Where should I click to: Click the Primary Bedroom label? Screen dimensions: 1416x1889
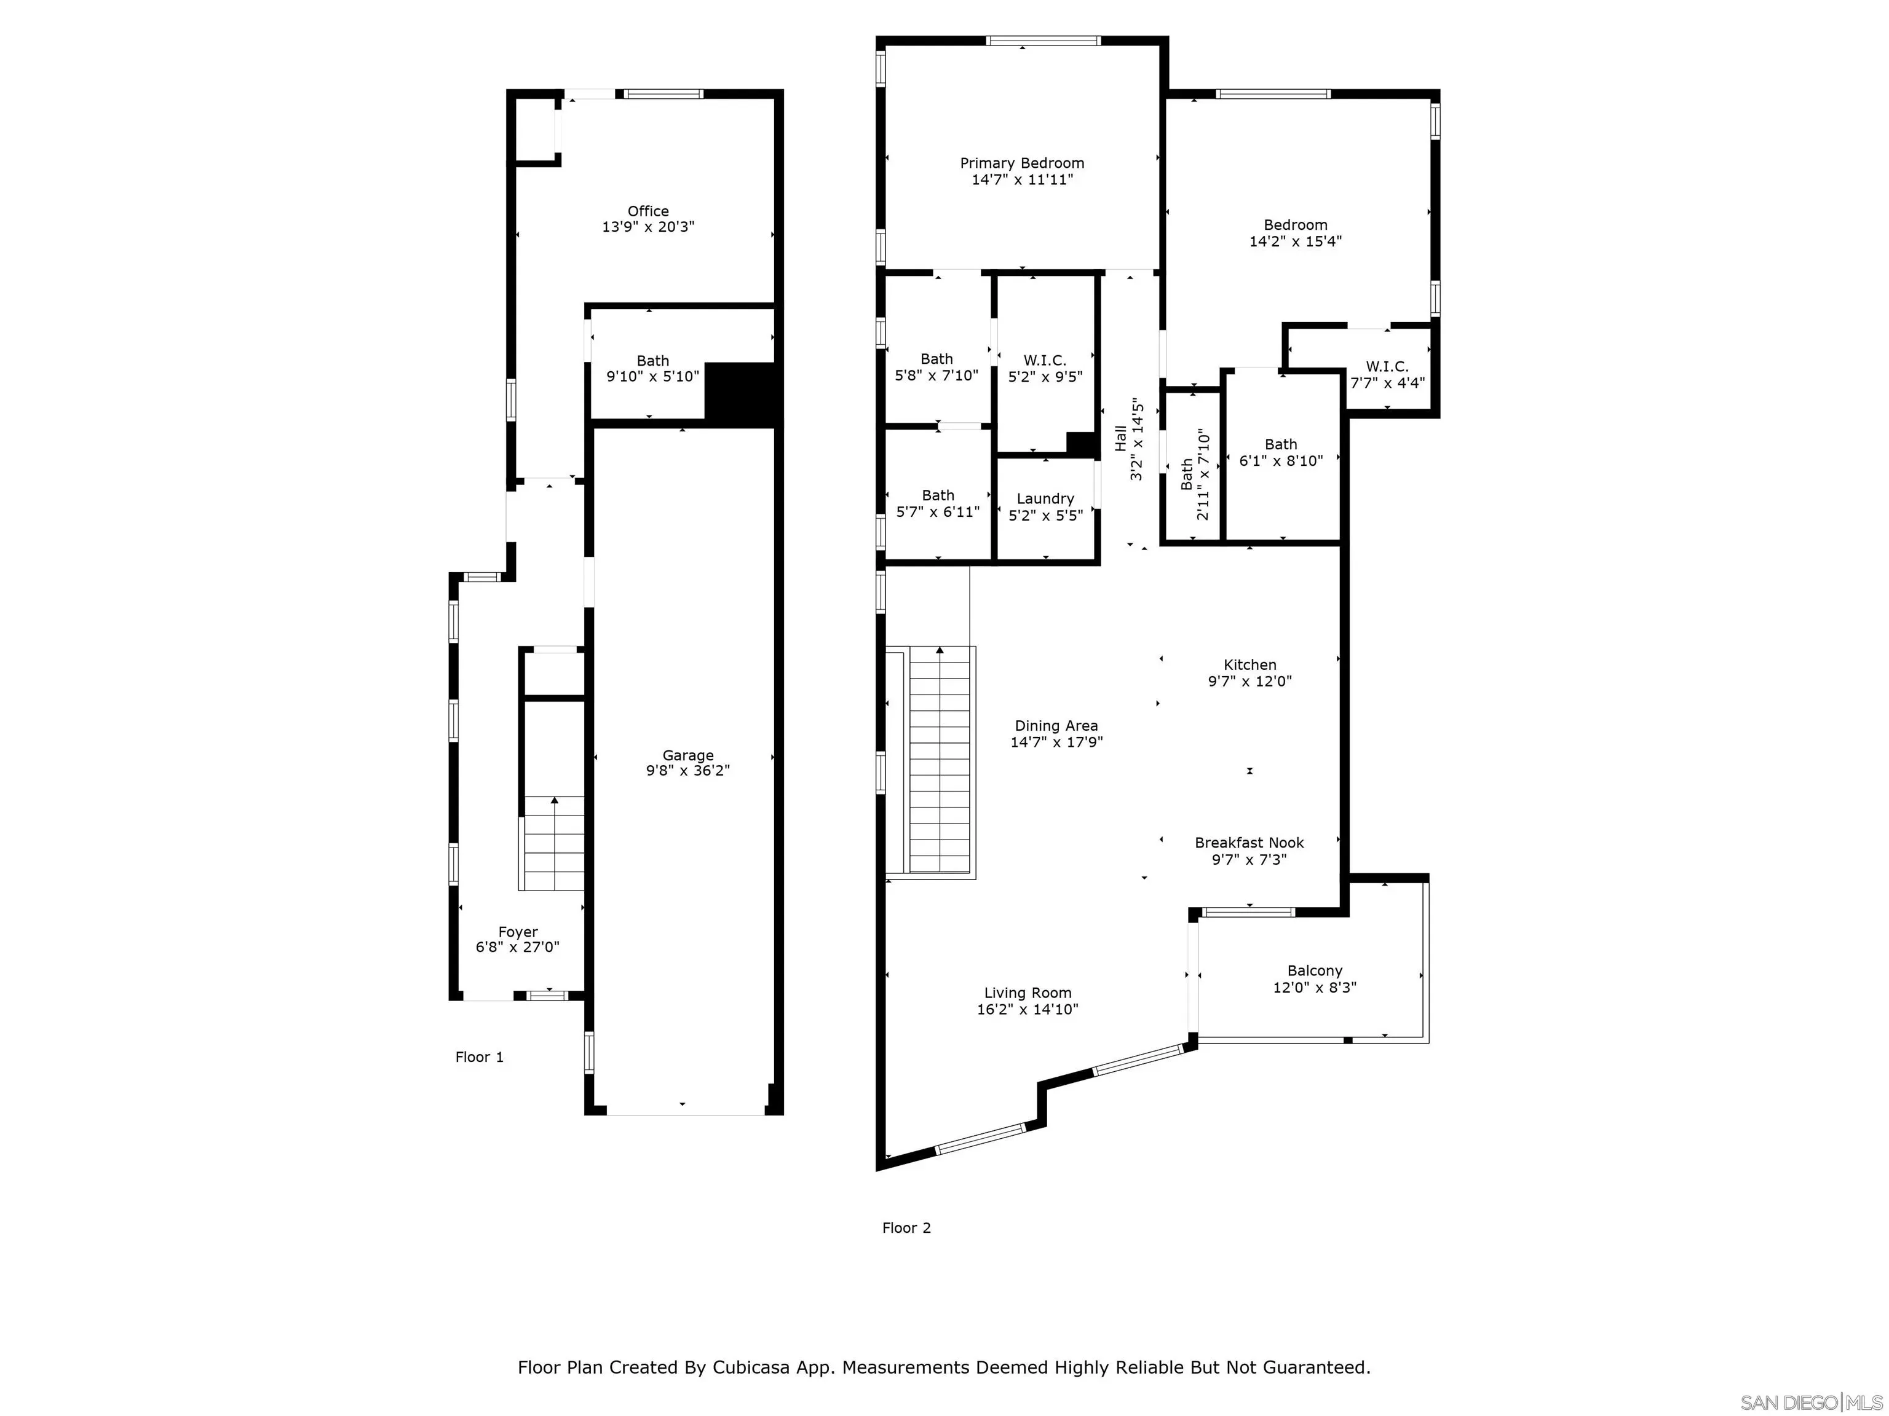coord(1021,163)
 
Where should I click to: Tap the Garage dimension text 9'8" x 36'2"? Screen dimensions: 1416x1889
coord(687,771)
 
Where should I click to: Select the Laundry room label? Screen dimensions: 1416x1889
coord(1045,498)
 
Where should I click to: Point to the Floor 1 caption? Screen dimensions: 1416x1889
coord(479,1056)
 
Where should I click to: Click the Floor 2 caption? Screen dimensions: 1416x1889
coord(906,1227)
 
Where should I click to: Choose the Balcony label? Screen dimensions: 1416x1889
coord(1314,970)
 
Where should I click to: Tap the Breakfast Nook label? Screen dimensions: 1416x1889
coord(1248,843)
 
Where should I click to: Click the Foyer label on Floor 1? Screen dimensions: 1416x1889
coord(518,932)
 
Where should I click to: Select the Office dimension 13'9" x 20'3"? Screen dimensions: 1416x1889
coord(648,227)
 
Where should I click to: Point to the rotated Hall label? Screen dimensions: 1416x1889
coord(1120,439)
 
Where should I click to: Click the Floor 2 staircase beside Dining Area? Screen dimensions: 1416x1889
coord(940,760)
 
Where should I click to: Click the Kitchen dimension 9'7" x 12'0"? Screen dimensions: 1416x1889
coord(1249,681)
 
